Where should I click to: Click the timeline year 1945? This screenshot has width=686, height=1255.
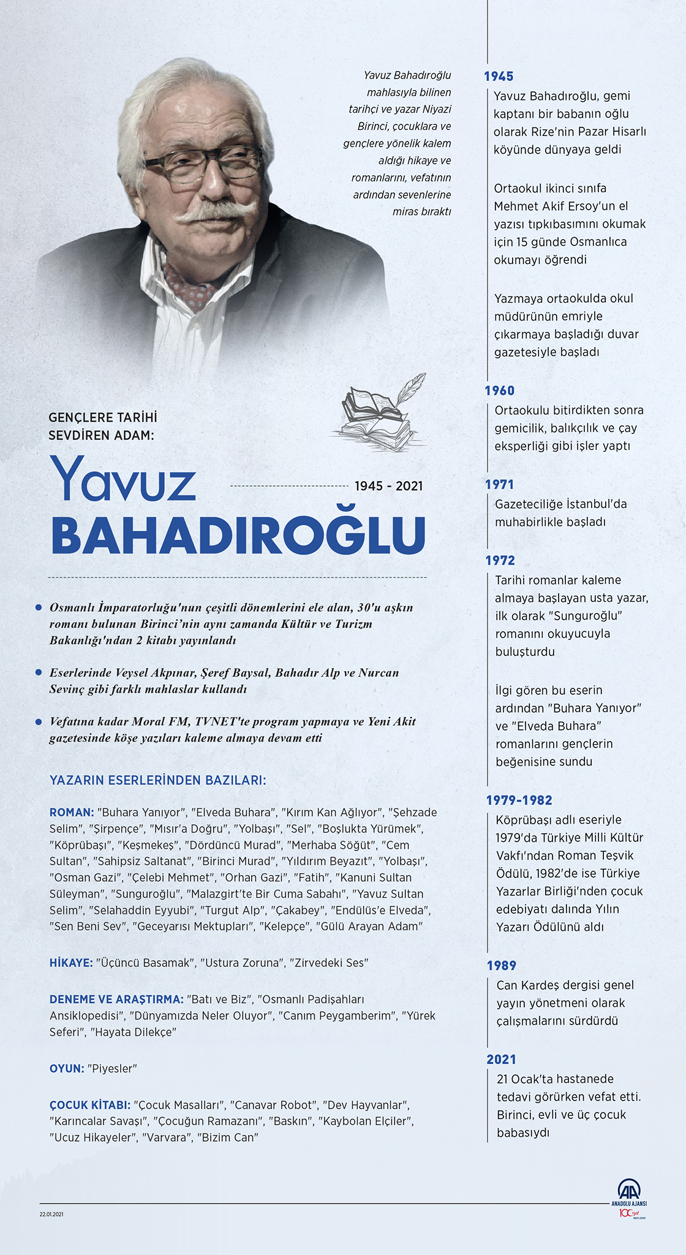coord(499,77)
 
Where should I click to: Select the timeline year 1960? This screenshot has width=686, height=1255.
coord(500,391)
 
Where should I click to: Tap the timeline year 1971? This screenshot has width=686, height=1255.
coord(499,485)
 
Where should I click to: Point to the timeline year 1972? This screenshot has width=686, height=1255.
coord(500,561)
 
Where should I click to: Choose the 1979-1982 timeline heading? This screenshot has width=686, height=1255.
coord(519,800)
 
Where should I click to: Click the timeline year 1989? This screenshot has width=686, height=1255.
coord(502,966)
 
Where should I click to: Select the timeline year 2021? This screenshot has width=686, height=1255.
coord(502,1060)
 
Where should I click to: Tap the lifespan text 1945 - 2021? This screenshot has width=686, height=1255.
coord(389,487)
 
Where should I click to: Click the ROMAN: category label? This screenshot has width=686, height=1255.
coord(72,813)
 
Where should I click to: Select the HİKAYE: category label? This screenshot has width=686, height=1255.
coord(72,963)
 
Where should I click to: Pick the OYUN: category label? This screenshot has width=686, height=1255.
coord(67,1069)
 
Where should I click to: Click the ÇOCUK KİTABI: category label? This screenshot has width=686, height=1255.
coord(90,1105)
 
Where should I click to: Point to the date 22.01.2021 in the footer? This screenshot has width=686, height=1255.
coord(51,1214)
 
